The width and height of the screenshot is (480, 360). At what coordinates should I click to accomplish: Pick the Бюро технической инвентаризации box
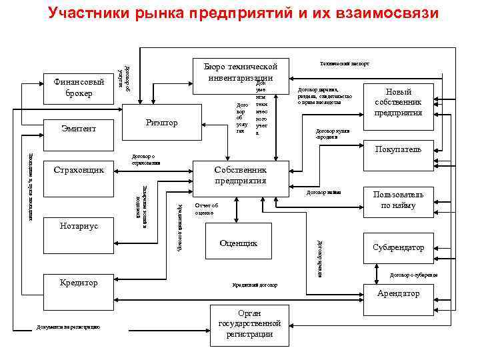click(248, 72)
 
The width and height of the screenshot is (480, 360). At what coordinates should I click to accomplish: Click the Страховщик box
click(78, 170)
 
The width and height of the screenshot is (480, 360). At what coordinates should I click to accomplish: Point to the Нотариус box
click(78, 226)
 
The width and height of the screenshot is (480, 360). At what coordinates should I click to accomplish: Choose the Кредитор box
click(78, 283)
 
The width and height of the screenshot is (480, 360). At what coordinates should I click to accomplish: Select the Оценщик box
click(238, 244)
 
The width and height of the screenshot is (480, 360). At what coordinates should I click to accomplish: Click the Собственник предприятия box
click(241, 175)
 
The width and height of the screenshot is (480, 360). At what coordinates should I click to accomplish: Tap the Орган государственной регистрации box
click(245, 323)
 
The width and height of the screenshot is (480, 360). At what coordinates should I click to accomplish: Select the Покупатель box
click(398, 149)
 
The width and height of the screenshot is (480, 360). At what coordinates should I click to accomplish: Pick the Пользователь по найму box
click(398, 200)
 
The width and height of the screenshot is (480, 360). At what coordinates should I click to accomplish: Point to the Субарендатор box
click(398, 247)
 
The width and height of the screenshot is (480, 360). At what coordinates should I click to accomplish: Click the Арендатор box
click(398, 293)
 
